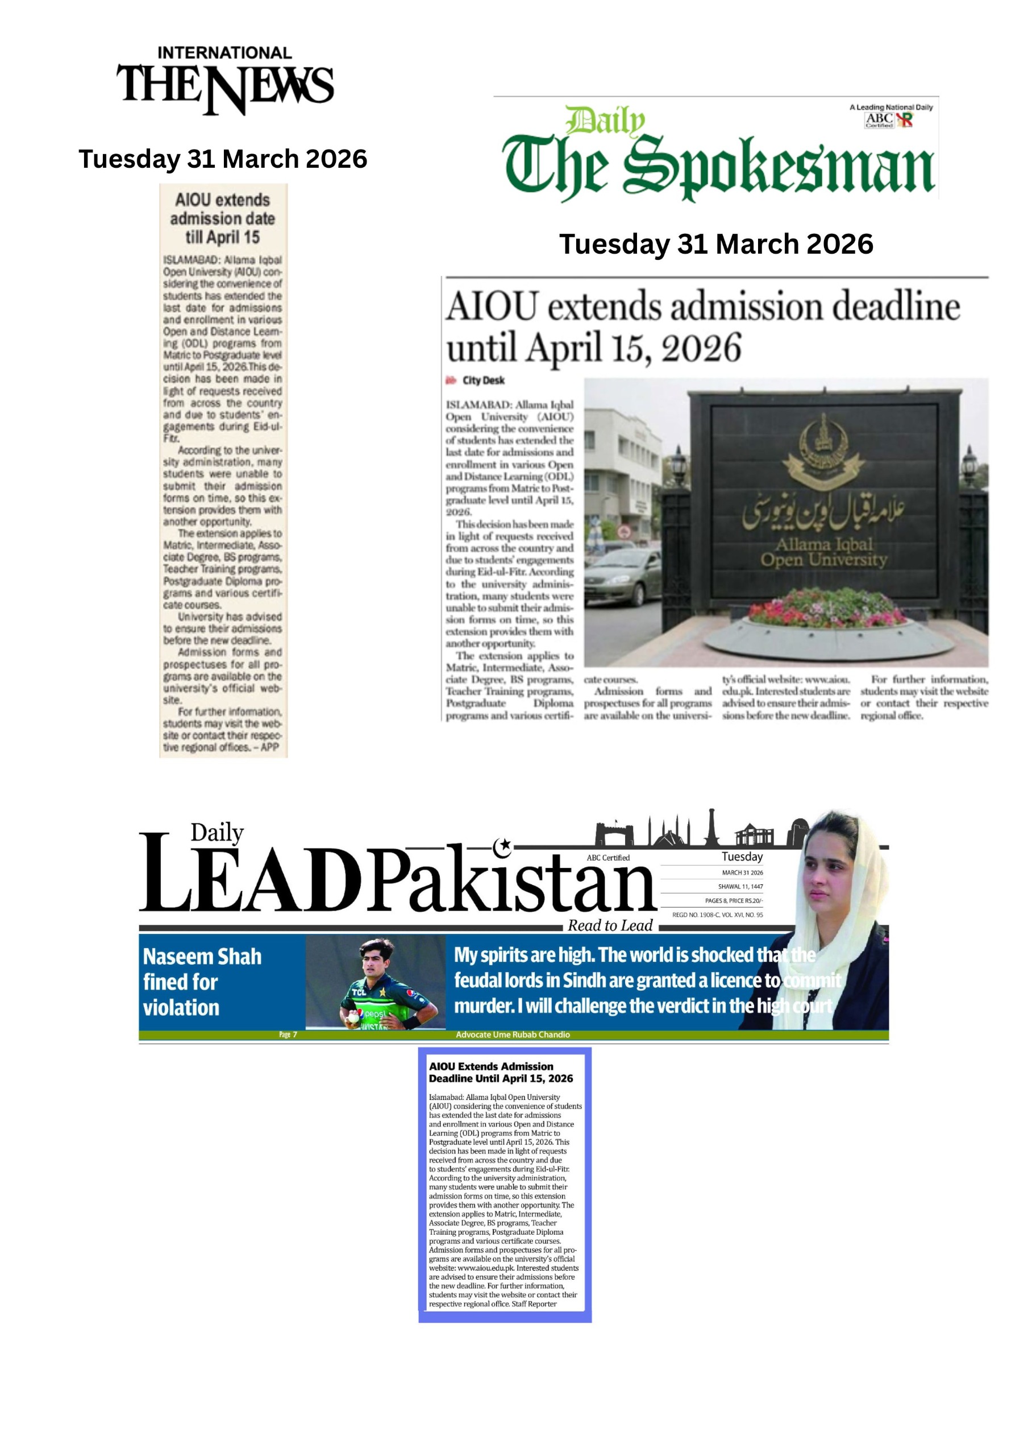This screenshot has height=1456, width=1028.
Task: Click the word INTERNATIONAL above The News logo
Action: (224, 53)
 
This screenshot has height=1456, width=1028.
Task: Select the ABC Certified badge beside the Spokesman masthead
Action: (889, 119)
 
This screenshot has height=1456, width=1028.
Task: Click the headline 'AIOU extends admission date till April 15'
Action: (222, 219)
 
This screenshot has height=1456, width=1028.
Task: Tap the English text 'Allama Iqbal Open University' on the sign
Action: (823, 552)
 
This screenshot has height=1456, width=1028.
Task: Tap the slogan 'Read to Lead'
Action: (610, 926)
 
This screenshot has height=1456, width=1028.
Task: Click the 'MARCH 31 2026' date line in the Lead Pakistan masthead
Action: (742, 872)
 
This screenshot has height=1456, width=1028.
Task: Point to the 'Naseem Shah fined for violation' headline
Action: (202, 982)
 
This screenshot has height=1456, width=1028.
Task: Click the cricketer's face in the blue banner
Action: (377, 960)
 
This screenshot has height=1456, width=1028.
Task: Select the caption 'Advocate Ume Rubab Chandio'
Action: (513, 1035)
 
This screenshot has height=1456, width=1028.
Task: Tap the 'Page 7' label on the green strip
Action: (288, 1035)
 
